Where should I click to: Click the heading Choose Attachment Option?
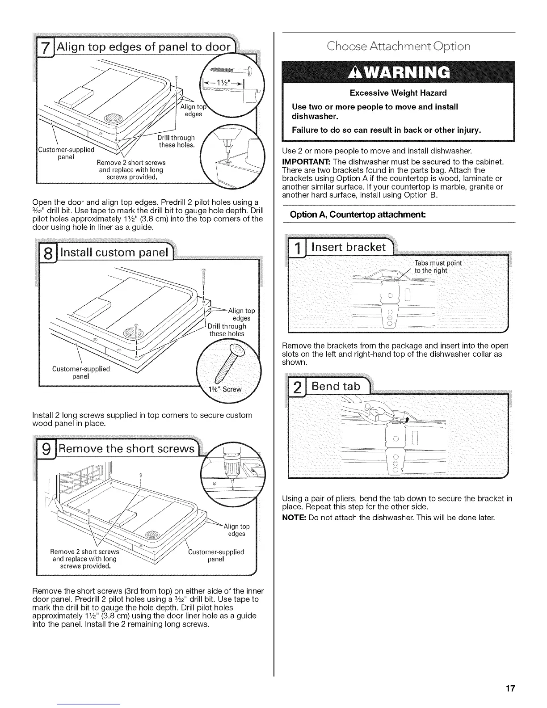398,46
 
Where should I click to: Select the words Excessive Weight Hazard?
398,93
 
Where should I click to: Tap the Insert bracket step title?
348,247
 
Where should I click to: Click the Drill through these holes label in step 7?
177,141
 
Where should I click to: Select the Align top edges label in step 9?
236,530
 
